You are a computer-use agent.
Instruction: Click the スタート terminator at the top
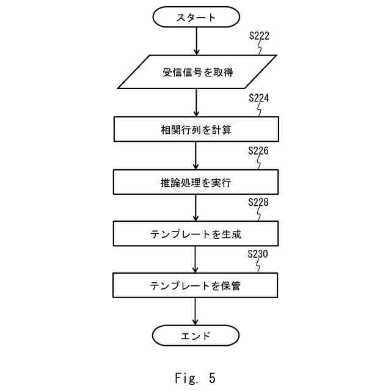click(195, 17)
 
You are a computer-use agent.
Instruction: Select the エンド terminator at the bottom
click(195, 335)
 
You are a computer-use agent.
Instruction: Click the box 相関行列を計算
click(196, 130)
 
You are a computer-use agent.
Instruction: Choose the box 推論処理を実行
click(196, 181)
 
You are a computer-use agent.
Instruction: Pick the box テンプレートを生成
click(196, 233)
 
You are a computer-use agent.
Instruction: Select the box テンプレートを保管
click(196, 285)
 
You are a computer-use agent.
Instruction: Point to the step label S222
click(259, 36)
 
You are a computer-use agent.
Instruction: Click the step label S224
click(259, 98)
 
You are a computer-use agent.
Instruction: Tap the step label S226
click(259, 150)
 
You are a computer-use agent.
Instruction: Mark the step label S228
click(259, 202)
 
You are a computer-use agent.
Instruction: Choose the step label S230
click(259, 254)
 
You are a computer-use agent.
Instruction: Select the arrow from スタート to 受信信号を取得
click(196, 41)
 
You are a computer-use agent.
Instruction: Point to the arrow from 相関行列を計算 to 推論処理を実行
click(196, 156)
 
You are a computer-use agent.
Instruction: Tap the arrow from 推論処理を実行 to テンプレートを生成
click(196, 208)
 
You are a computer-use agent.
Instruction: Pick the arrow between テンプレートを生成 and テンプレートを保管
click(196, 259)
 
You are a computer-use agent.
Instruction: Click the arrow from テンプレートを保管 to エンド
click(196, 311)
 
